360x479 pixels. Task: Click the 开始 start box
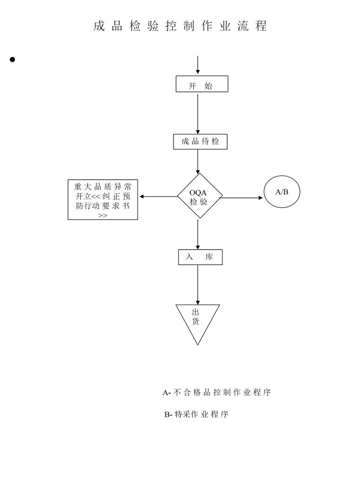point(202,84)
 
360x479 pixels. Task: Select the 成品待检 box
point(200,141)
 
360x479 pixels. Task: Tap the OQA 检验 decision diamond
point(200,196)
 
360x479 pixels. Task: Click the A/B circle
point(282,191)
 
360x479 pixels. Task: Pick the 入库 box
point(200,257)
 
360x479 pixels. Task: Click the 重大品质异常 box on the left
point(103,200)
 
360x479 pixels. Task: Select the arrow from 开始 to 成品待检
point(197,113)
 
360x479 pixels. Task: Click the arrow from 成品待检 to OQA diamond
point(197,162)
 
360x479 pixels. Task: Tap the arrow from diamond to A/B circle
point(242,198)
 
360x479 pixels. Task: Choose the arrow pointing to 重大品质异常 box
point(158,197)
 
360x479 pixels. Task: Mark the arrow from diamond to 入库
point(197,234)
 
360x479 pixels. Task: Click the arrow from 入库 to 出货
point(197,285)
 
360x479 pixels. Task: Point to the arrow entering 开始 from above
point(197,65)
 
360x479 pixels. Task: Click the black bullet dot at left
point(12,59)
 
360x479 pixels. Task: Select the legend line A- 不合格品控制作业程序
point(217,392)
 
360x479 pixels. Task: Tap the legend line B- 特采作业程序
point(196,414)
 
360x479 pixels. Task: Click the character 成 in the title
point(99,26)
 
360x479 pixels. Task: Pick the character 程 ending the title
point(262,26)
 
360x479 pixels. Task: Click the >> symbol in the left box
point(103,215)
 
